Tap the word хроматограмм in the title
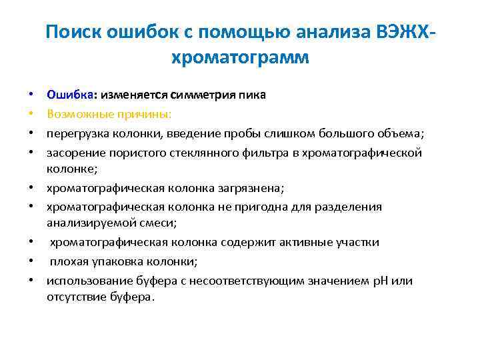240,59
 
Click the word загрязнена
248,189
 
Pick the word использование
85,280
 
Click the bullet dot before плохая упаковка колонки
31,261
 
